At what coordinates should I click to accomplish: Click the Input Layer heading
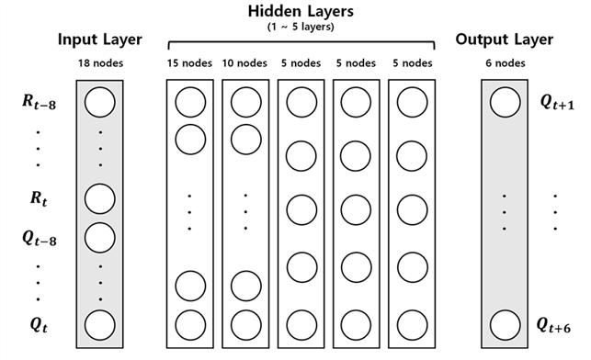tap(100, 39)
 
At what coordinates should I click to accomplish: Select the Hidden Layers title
tap(301, 11)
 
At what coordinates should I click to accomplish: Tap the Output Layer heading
tap(505, 39)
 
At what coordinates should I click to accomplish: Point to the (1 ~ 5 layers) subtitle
tap(301, 28)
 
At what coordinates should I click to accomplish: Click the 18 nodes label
tap(100, 63)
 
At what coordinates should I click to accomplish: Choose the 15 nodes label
tap(189, 63)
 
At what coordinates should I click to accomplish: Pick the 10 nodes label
tap(244, 63)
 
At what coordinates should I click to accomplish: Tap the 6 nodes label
tap(506, 63)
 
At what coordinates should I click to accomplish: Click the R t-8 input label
tap(40, 102)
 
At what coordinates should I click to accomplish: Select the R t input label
tap(39, 198)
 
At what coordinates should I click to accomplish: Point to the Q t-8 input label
tap(40, 239)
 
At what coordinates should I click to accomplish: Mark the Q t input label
tap(39, 325)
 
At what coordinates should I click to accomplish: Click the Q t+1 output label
tap(558, 102)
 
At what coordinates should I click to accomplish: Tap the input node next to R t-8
tap(100, 103)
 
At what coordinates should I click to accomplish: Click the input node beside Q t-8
tap(100, 238)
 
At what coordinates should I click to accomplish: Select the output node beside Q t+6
tap(506, 325)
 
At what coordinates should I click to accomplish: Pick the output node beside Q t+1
tap(506, 103)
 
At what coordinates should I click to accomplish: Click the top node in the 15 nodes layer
tap(190, 103)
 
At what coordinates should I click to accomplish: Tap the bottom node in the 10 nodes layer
tap(246, 325)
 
